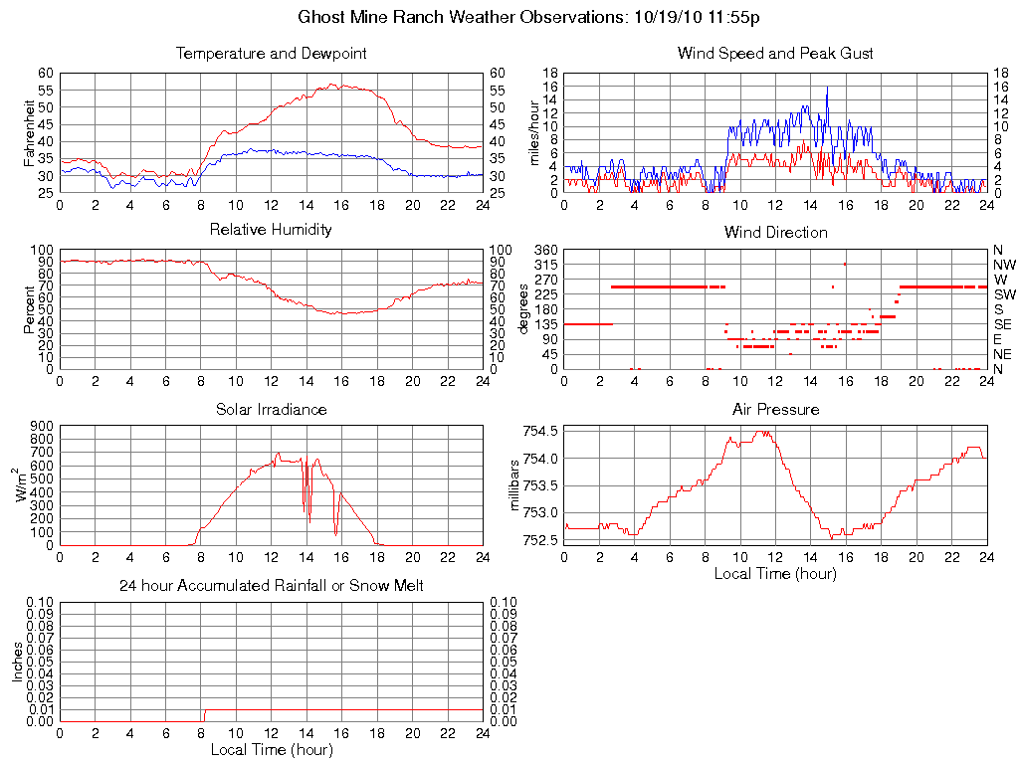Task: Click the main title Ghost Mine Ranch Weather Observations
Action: coord(529,18)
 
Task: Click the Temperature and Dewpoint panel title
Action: coord(271,54)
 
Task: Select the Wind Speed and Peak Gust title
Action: coord(775,54)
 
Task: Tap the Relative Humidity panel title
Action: coord(271,230)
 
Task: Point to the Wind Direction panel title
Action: coord(775,233)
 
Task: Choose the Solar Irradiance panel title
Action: coord(271,409)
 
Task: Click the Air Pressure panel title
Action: coord(775,409)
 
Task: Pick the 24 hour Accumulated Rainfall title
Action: coord(271,586)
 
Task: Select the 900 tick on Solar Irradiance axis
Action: coord(41,426)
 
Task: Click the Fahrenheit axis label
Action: coord(30,132)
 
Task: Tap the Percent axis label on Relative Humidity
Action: coord(30,309)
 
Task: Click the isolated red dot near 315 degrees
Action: coord(845,264)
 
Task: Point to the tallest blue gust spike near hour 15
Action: coord(827,89)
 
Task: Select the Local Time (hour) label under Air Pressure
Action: coord(775,574)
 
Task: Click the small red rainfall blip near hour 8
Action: coord(205,713)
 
